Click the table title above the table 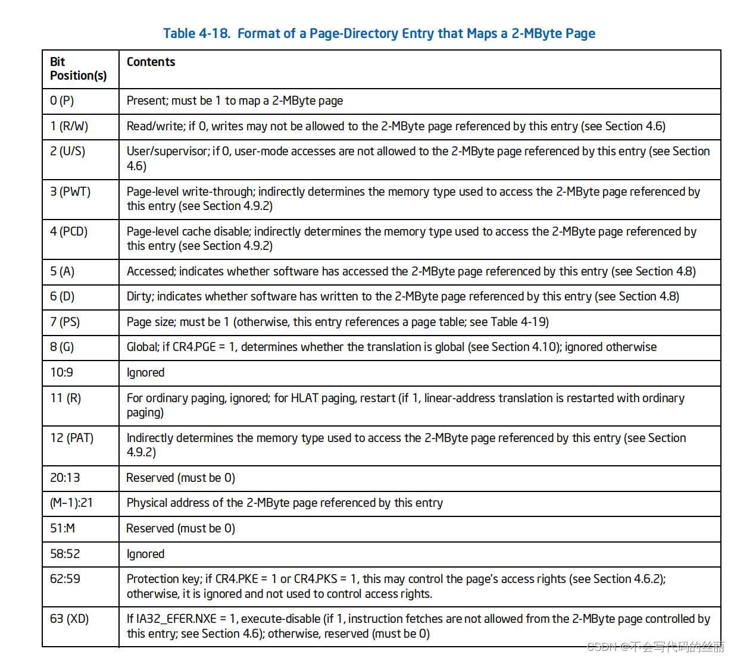[379, 33]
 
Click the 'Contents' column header [151, 62]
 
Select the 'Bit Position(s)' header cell [78, 68]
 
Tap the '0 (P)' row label [62, 101]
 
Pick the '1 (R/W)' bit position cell [68, 126]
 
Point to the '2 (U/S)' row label [67, 151]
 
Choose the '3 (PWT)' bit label [70, 192]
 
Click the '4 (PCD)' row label [68, 231]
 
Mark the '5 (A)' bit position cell [62, 271]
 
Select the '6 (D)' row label [62, 296]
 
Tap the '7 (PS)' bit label [65, 322]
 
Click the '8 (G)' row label [62, 347]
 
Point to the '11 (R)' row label [65, 398]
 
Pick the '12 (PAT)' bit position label [71, 438]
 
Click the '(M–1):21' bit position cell [71, 503]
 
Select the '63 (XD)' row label [69, 619]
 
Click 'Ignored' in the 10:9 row [145, 372]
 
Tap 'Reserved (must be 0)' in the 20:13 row [180, 478]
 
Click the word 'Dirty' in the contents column [139, 296]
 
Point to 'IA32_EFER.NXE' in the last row [176, 619]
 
